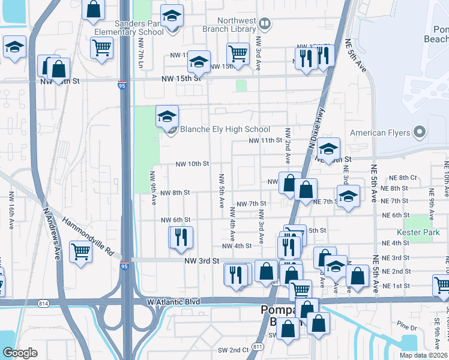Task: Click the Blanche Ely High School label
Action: click(225, 129)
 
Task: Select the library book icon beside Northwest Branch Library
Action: click(265, 23)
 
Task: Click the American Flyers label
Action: click(380, 133)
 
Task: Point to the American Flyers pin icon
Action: click(420, 132)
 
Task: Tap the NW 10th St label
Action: click(192, 163)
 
